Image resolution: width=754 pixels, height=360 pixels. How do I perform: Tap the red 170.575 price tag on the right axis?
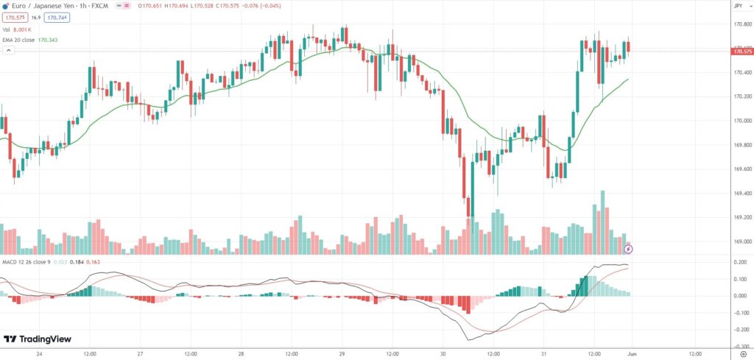click(x=740, y=52)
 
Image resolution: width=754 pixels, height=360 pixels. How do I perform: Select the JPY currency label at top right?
click(x=738, y=6)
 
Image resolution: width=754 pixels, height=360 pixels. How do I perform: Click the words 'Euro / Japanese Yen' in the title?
click(x=35, y=6)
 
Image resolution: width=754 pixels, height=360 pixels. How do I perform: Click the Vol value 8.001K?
click(x=24, y=29)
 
